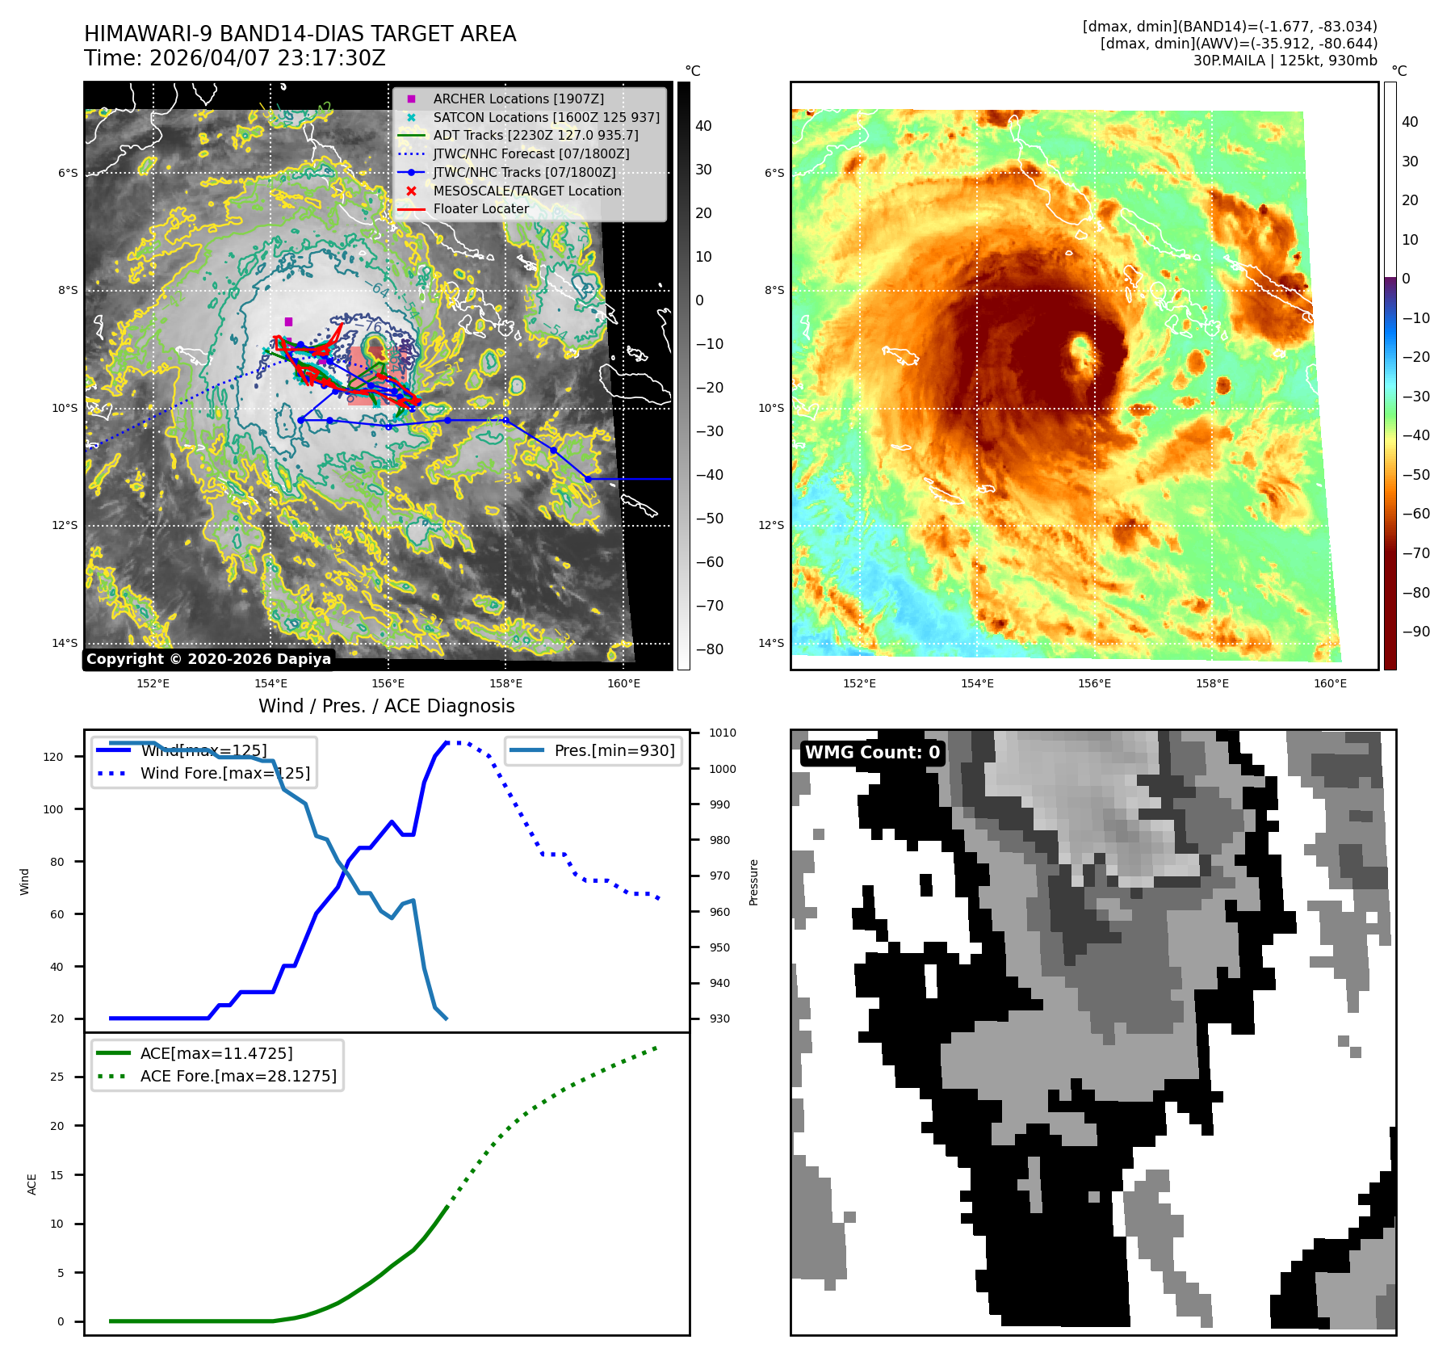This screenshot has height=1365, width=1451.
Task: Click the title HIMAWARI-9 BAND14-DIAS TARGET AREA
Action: pos(300,34)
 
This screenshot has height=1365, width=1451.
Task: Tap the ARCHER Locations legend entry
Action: pos(518,99)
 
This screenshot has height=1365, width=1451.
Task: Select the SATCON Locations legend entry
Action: pos(546,117)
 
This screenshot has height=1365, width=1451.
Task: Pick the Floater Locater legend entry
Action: pos(480,208)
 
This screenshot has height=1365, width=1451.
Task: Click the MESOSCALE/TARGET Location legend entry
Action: pos(526,191)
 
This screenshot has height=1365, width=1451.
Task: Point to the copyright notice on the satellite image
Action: pos(208,659)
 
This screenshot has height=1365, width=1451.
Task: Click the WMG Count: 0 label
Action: pos(872,753)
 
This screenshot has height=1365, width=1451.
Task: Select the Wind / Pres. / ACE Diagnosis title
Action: pos(386,706)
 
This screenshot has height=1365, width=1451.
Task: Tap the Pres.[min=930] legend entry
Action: pos(614,750)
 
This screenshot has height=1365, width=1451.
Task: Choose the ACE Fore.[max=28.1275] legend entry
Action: pos(238,1076)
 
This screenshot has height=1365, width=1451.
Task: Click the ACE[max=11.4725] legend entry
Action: pos(216,1053)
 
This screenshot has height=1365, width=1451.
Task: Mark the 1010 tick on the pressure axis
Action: pos(723,733)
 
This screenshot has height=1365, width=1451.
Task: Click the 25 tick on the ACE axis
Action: pos(57,1077)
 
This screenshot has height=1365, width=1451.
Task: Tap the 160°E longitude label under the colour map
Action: pos(1330,683)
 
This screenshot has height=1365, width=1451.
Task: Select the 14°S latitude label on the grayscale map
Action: pos(65,643)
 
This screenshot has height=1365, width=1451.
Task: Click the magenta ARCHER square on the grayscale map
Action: pos(288,321)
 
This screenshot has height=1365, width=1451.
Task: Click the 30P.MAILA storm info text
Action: pos(1285,61)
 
